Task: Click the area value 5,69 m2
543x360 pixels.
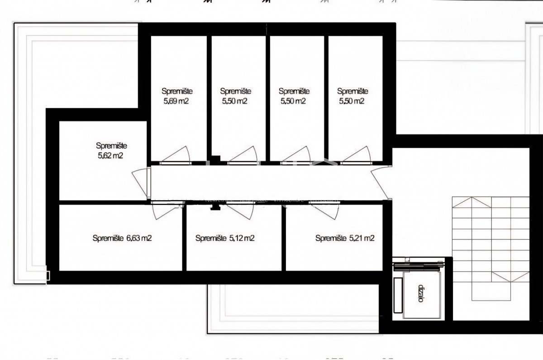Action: pos(176,101)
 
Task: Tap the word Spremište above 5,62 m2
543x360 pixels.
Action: pos(111,146)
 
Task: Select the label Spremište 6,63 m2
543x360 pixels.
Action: pos(122,238)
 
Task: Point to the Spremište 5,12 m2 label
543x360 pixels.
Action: pos(225,238)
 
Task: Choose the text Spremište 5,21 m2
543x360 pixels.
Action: pos(345,238)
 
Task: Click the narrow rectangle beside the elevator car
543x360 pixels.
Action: pos(398,295)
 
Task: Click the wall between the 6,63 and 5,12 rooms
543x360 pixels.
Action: pos(185,238)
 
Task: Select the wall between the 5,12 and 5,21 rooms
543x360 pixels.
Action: pos(284,238)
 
